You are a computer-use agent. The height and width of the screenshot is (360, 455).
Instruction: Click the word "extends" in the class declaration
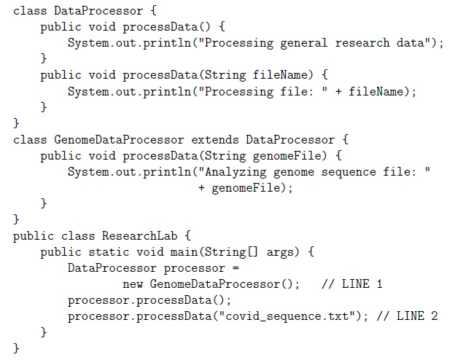point(215,140)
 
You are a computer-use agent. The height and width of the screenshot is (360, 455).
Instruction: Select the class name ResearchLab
point(139,235)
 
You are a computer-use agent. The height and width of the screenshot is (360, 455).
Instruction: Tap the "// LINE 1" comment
point(351,283)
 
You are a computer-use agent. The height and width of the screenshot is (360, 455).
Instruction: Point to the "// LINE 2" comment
point(407,316)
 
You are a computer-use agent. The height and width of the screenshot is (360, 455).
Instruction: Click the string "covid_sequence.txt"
point(287,316)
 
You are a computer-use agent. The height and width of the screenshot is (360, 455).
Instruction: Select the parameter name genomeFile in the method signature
point(289,156)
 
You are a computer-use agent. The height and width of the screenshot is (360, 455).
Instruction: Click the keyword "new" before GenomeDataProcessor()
point(133,284)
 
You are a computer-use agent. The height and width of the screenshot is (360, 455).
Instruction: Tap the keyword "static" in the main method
point(109,252)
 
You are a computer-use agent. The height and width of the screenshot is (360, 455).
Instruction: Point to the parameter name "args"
point(280,252)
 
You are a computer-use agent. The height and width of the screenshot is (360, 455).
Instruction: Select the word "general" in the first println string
point(303,43)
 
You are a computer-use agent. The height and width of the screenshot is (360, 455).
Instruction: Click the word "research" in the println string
point(362,43)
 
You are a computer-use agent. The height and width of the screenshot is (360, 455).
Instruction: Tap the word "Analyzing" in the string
point(236,172)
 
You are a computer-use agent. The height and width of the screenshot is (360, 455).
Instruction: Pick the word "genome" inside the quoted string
point(294,173)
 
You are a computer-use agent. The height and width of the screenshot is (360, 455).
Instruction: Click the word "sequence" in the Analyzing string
point(349,173)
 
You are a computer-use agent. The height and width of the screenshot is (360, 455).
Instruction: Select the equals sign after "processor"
point(236,268)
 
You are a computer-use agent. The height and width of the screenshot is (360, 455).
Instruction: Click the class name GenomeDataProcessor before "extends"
point(119,140)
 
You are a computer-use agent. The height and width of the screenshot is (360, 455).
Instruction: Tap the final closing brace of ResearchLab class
point(16,348)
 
